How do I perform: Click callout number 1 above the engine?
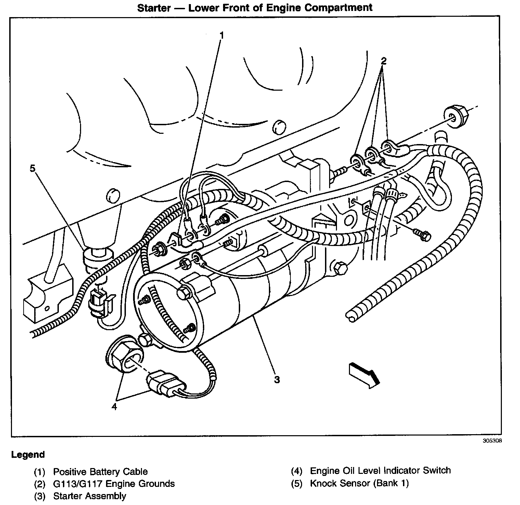tap(222, 35)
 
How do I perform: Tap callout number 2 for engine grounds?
tap(383, 61)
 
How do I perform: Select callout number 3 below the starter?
tap(277, 379)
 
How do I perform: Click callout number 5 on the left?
tap(32, 168)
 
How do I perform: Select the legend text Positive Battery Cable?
tap(100, 472)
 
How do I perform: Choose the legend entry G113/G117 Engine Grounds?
tap(114, 484)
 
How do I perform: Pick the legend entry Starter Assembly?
tap(89, 496)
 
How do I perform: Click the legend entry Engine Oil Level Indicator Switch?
tap(380, 470)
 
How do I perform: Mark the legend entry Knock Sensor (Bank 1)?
tap(359, 483)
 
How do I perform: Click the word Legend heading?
tap(28, 455)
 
